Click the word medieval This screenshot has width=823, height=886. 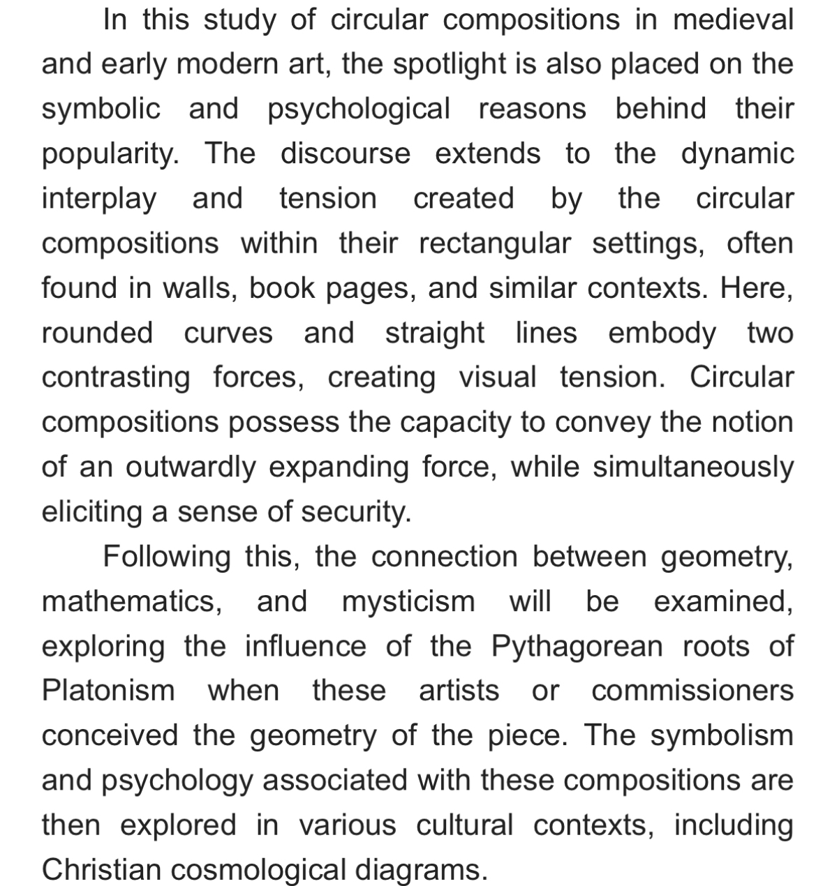pos(733,20)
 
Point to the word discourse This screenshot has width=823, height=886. pos(346,153)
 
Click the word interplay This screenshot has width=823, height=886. pos(99,199)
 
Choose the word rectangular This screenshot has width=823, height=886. pos(494,243)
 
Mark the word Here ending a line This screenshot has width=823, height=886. pos(757,288)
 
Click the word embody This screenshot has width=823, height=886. pos(662,333)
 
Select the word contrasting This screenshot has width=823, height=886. pos(116,377)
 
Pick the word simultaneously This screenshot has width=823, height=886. pos(693,467)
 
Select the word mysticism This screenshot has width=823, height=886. pos(408,601)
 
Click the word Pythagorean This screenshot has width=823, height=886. pos(577,646)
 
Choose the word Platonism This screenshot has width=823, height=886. pos(108,691)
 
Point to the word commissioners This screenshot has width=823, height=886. pos(692,691)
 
